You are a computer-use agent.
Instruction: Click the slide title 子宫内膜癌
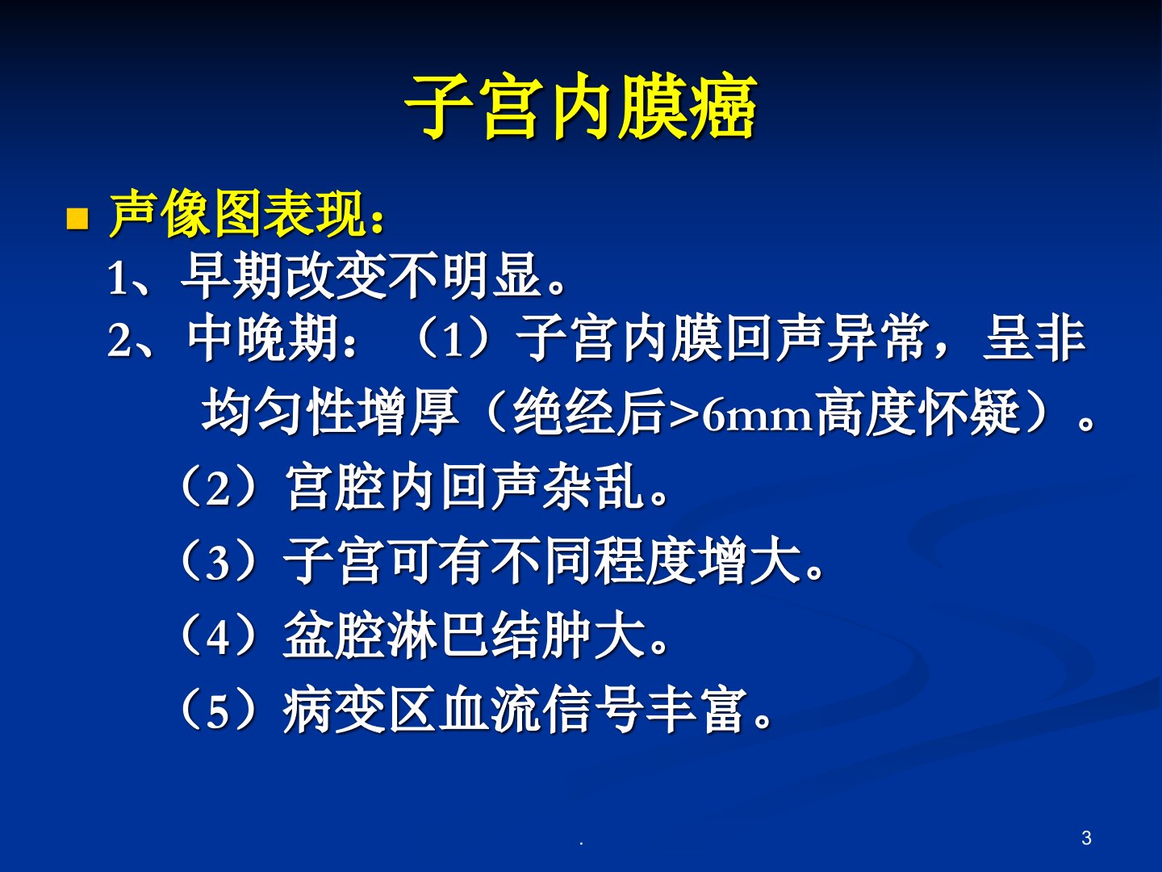tap(580, 107)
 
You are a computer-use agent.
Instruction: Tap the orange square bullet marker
tap(77, 219)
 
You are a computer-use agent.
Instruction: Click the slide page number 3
tap(1086, 838)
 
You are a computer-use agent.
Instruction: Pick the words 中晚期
tap(262, 338)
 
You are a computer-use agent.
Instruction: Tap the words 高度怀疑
tap(918, 413)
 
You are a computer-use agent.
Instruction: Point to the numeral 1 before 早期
tap(117, 279)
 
